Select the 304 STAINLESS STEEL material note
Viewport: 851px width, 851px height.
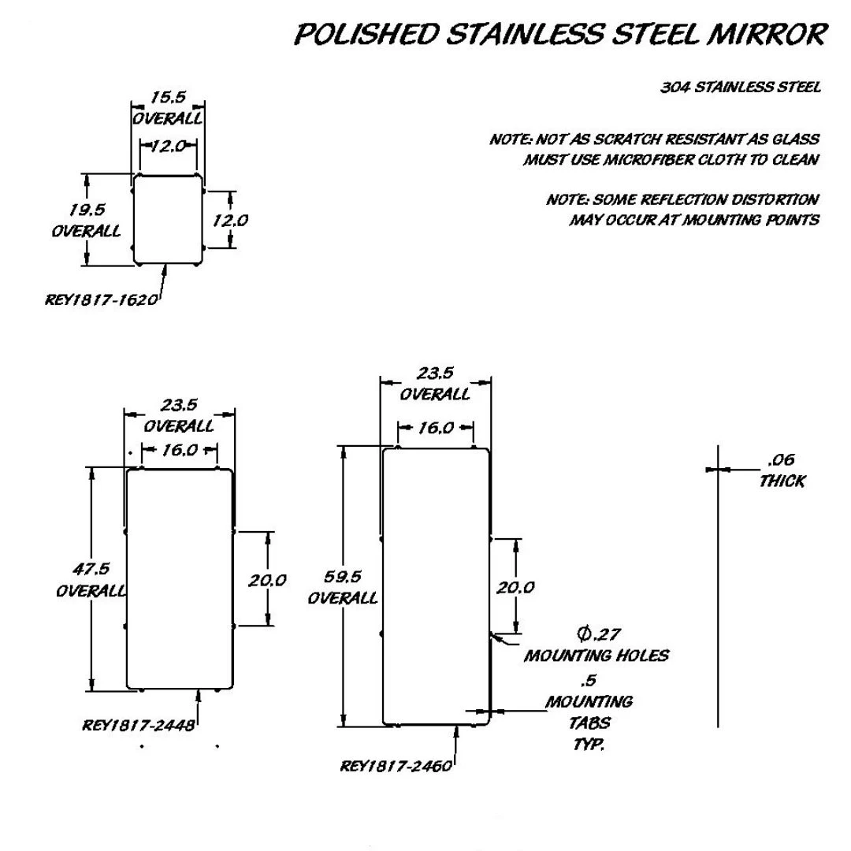click(740, 87)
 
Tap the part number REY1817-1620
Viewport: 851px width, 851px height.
click(102, 299)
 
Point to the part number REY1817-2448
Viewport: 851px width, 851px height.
click(139, 726)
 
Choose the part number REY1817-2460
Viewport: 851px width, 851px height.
click(396, 766)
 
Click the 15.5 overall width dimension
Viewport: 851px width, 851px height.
click(169, 97)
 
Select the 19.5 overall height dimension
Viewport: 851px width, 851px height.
click(87, 210)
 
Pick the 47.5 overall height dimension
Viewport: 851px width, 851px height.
click(91, 569)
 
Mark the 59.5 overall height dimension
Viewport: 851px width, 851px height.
click(343, 576)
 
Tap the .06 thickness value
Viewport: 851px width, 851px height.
click(782, 460)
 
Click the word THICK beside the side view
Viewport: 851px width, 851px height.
click(782, 481)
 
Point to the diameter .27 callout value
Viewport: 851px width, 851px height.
click(599, 634)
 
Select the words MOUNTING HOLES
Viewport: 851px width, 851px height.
click(596, 656)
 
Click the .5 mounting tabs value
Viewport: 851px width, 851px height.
click(589, 680)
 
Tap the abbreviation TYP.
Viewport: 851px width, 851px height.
click(589, 744)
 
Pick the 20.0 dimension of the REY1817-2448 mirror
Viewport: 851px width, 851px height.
click(267, 581)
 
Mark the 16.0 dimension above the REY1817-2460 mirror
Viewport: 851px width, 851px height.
click(436, 428)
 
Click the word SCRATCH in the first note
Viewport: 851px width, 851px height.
click(627, 139)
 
